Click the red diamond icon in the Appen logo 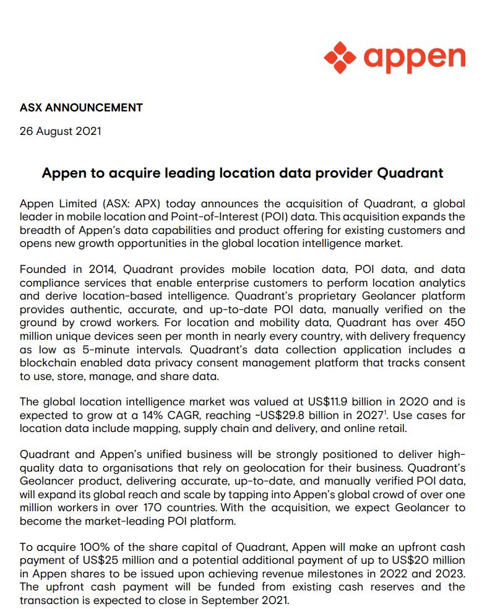[340, 58]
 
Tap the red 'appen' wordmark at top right [414, 58]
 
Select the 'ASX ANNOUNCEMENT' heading [81, 108]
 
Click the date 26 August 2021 [60, 131]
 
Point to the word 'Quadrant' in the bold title [410, 173]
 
